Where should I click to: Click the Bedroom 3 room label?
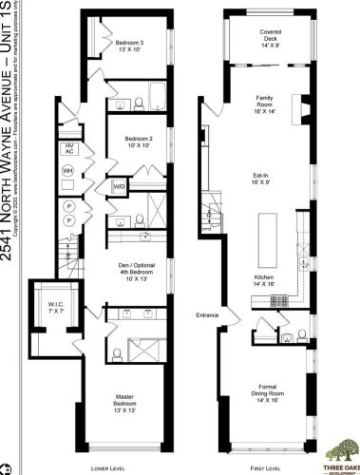coord(129,47)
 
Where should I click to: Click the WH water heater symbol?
coord(68,171)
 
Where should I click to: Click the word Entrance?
coord(207,315)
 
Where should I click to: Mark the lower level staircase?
coord(66,252)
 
